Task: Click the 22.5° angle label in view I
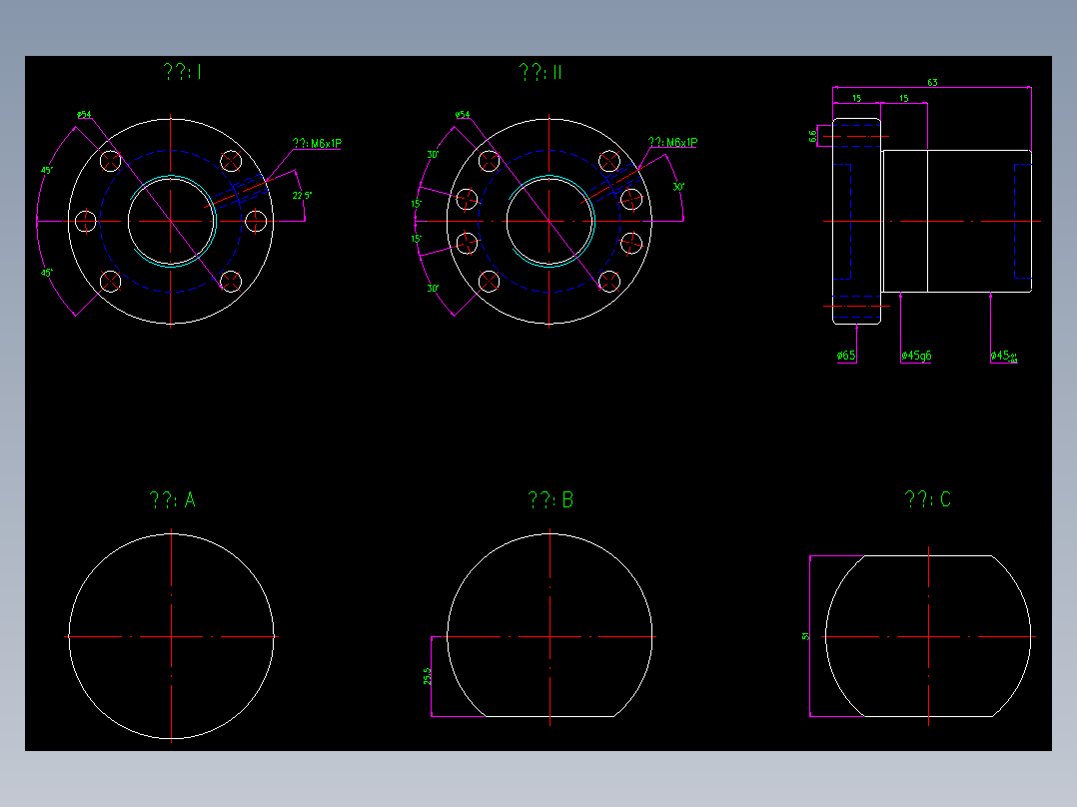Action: tap(302, 196)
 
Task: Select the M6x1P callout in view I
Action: tap(318, 144)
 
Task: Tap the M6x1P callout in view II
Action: tap(673, 143)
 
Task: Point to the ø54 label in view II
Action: tap(463, 115)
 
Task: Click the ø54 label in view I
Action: tap(84, 115)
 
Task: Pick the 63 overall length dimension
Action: tap(931, 82)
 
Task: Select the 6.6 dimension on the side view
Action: tap(813, 135)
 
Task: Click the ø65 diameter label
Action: tap(846, 356)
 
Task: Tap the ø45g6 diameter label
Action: tap(916, 356)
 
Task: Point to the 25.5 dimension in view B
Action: tap(428, 676)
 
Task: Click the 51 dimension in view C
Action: tap(804, 635)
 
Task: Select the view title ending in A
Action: tap(172, 500)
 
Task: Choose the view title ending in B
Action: tap(550, 500)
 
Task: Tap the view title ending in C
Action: tap(927, 499)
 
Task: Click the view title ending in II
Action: tap(541, 72)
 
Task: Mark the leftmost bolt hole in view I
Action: tap(86, 220)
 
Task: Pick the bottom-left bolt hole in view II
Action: tap(490, 283)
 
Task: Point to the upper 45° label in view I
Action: tap(46, 171)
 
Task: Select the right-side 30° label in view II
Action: tap(678, 187)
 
